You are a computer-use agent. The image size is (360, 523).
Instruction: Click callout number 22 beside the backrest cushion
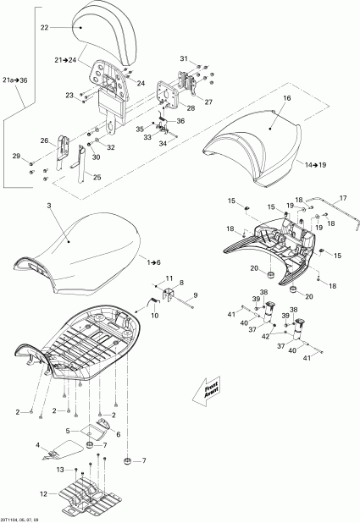[x=45, y=28]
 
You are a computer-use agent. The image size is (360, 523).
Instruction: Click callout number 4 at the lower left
[x=37, y=444]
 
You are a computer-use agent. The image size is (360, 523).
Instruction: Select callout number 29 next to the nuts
[x=15, y=157]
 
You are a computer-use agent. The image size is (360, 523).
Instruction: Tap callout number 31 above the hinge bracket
[x=184, y=58]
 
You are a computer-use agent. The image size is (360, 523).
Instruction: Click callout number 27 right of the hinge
[x=209, y=102]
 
